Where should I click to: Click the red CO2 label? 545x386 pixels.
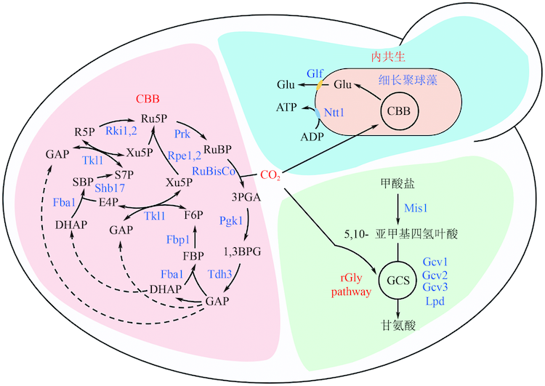[270, 175]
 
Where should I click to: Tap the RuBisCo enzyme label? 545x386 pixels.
[214, 171]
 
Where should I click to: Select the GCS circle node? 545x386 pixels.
[396, 279]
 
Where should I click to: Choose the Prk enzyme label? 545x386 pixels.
[182, 134]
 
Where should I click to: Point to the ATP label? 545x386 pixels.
[286, 107]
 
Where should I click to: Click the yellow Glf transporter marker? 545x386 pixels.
[320, 85]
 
